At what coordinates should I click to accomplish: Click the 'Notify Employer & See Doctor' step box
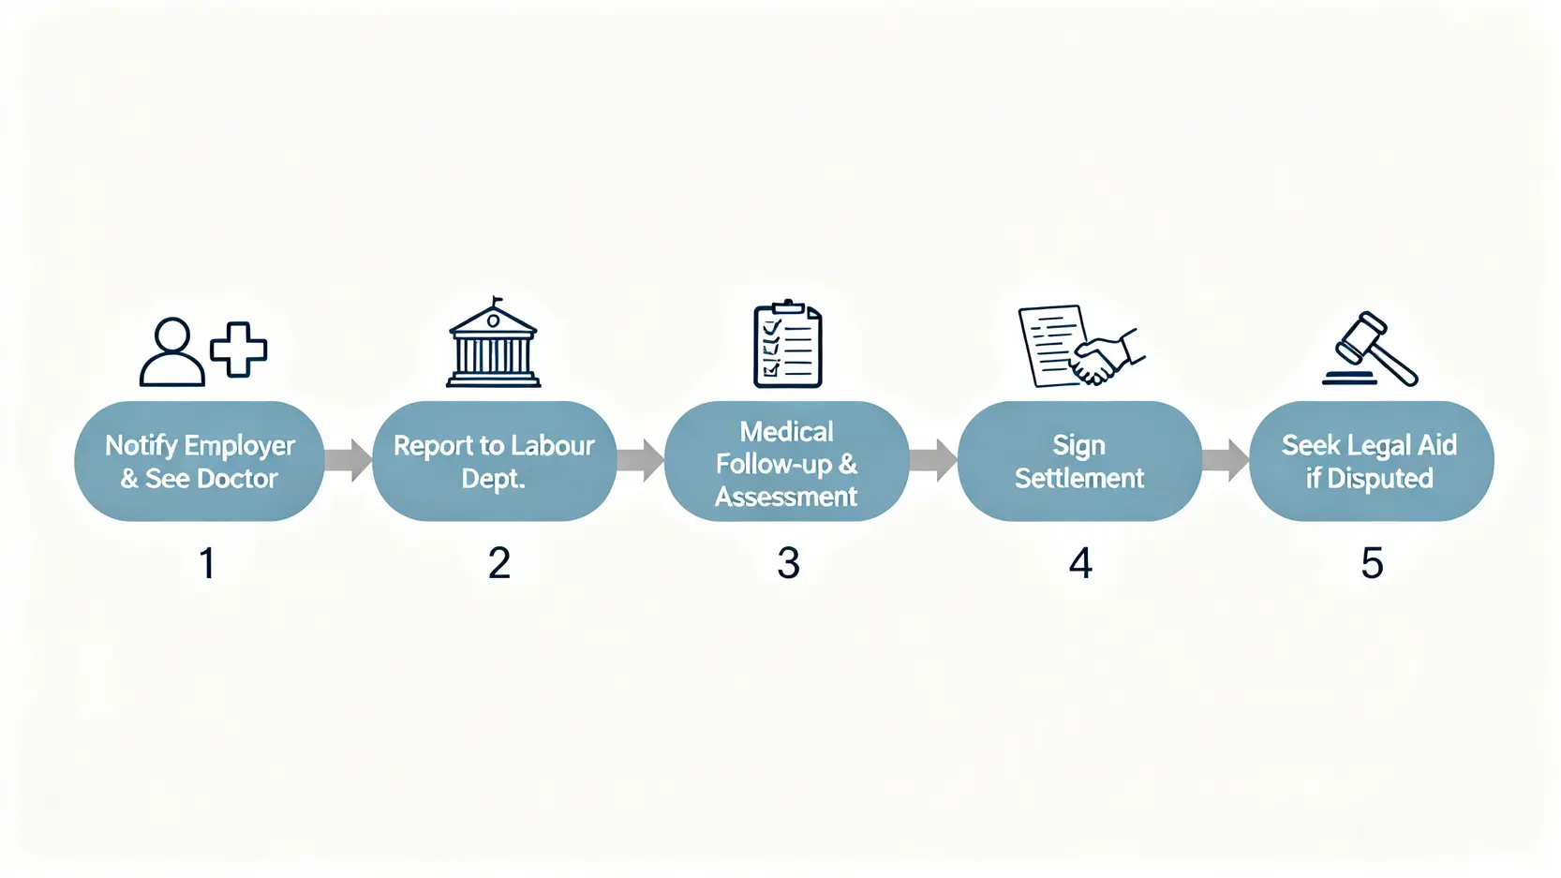pyautogui.click(x=200, y=461)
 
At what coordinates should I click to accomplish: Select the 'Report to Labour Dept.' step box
pyautogui.click(x=494, y=461)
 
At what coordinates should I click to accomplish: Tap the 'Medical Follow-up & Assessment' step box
pyautogui.click(x=786, y=461)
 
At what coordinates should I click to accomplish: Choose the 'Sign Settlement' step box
pyautogui.click(x=1079, y=461)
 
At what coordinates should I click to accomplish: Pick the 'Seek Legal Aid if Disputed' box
pyautogui.click(x=1371, y=461)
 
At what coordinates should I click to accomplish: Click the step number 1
pyautogui.click(x=207, y=563)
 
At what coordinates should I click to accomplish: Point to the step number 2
pyautogui.click(x=499, y=563)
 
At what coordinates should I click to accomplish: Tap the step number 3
pyautogui.click(x=789, y=563)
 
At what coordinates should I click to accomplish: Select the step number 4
pyautogui.click(x=1080, y=563)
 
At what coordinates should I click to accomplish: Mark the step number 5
pyautogui.click(x=1372, y=563)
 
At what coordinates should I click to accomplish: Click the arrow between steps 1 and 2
pyautogui.click(x=349, y=460)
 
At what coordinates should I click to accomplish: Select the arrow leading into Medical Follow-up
pyautogui.click(x=641, y=460)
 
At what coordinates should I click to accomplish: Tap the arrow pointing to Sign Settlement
pyautogui.click(x=933, y=460)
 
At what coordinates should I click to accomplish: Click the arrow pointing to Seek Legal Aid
pyautogui.click(x=1226, y=460)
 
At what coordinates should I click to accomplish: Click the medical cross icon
pyautogui.click(x=239, y=350)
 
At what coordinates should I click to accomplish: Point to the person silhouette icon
pyautogui.click(x=172, y=353)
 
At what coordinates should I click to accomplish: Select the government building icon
pyautogui.click(x=494, y=344)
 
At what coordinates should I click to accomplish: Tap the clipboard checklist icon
pyautogui.click(x=788, y=345)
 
